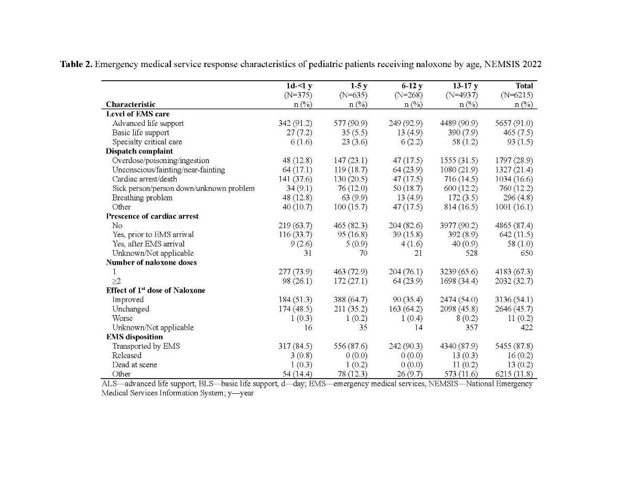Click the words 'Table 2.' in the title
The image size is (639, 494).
click(77, 65)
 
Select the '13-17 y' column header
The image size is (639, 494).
click(465, 85)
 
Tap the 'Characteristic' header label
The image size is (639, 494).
click(131, 104)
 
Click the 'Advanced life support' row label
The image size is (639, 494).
click(148, 123)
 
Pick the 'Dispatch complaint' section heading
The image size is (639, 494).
click(139, 151)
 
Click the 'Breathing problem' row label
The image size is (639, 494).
click(142, 198)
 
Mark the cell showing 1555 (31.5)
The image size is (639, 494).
click(459, 160)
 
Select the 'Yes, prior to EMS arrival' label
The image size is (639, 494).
click(153, 234)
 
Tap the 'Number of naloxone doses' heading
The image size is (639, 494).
click(151, 262)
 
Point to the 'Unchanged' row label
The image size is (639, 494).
click(131, 309)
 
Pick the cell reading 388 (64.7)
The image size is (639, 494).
click(350, 299)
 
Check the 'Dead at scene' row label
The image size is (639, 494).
click(134, 364)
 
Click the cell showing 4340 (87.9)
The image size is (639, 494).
click(459, 346)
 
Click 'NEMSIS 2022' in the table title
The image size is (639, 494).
click(516, 65)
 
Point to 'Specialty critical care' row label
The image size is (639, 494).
click(147, 142)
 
